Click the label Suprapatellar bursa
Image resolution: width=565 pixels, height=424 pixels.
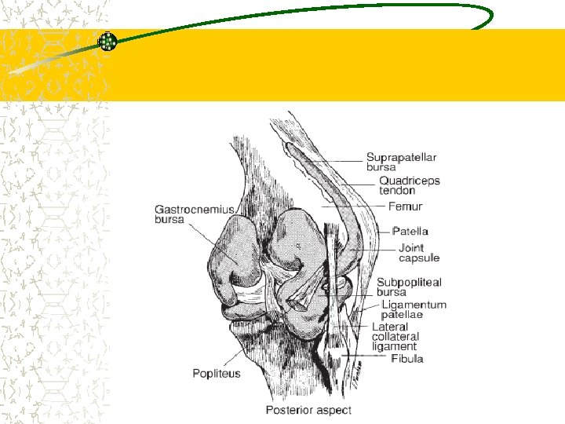coord(401,161)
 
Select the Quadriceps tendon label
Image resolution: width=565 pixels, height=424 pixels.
coord(410,185)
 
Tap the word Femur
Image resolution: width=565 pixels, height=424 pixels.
coord(405,207)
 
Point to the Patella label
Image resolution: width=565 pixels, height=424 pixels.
coord(410,231)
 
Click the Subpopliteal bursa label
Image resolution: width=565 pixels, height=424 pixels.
coord(409,287)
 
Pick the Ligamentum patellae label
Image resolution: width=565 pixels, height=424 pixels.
coord(414,309)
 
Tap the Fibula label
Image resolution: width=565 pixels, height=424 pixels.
coord(407,359)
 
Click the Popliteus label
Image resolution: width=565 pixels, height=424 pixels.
coord(217,374)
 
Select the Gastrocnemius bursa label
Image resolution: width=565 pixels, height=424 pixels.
coord(195,214)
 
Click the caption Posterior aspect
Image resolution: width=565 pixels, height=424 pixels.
coord(308,410)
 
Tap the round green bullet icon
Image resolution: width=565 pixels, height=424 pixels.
coord(108,42)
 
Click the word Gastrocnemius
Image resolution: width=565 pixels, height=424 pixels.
coord(195,209)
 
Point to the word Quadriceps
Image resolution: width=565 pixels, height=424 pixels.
coord(410,181)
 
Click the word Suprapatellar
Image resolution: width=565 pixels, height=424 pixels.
coord(401,156)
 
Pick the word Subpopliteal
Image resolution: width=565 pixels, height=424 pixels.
coord(409,283)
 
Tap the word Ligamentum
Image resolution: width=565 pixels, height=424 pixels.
coord(414,305)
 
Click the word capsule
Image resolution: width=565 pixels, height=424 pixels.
coord(419,257)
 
